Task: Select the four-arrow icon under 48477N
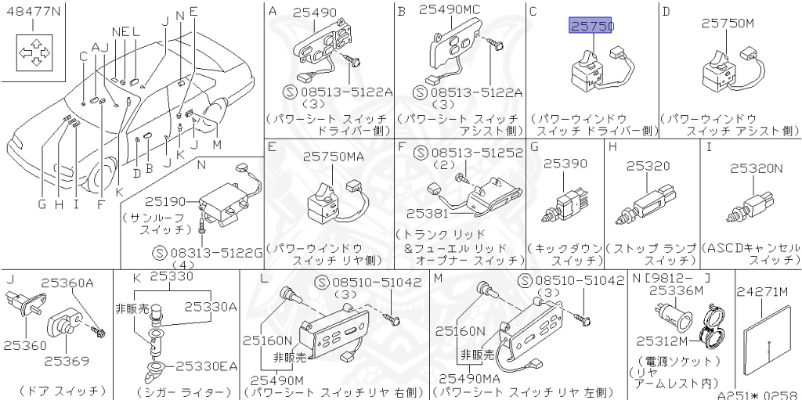(34, 53)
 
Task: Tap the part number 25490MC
(450, 10)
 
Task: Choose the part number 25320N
(757, 168)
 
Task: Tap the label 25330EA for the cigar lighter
(205, 366)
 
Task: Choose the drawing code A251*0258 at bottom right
(757, 394)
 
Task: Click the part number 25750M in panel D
(728, 23)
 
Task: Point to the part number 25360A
(67, 283)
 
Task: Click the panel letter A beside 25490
(273, 11)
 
